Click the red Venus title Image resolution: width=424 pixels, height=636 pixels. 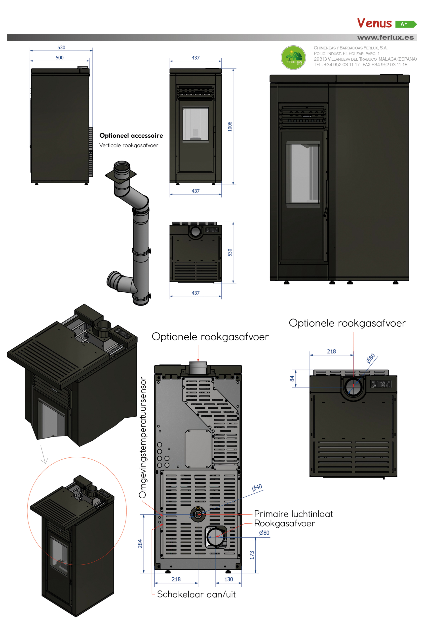pyautogui.click(x=374, y=23)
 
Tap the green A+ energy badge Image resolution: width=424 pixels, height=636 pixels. pyautogui.click(x=405, y=24)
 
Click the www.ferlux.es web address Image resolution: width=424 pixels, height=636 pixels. pyautogui.click(x=385, y=38)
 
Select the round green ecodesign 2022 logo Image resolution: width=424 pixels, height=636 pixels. pyautogui.click(x=293, y=58)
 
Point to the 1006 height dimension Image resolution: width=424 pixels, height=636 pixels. pyautogui.click(x=230, y=126)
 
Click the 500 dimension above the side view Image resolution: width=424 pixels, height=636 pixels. pyautogui.click(x=60, y=58)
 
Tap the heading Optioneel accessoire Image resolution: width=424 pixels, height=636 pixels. pyautogui.click(x=131, y=135)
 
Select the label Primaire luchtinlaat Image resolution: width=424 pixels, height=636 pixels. pyautogui.click(x=293, y=514)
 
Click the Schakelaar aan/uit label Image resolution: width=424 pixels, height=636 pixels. pyautogui.click(x=196, y=594)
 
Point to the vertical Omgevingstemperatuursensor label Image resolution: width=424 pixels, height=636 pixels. pyautogui.click(x=143, y=437)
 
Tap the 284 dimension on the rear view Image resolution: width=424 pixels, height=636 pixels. pyautogui.click(x=140, y=544)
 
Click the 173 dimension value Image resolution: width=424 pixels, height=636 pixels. pyautogui.click(x=252, y=555)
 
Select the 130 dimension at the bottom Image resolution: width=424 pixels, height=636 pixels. pyautogui.click(x=229, y=579)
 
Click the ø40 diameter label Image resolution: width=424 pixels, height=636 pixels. pyautogui.click(x=257, y=487)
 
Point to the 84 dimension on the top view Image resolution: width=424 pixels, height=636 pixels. pyautogui.click(x=292, y=379)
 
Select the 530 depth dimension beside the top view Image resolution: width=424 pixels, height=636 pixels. pyautogui.click(x=230, y=252)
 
